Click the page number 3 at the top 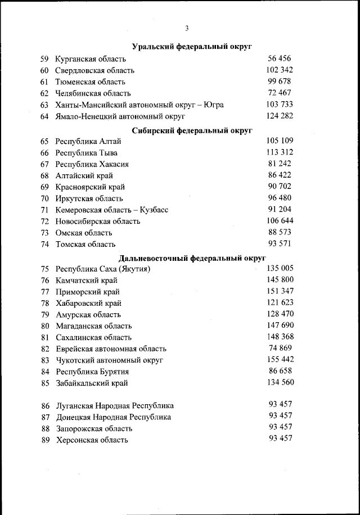coord(186,29)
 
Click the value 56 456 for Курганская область coord(280,58)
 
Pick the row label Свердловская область coord(94,71)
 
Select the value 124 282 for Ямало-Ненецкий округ coord(280,116)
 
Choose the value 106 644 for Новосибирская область coord(280,220)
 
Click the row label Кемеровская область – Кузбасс coord(112,210)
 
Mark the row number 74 coord(45,244)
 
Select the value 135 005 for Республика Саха coord(280,268)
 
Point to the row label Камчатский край coord(88,281)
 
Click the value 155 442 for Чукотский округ coord(280,359)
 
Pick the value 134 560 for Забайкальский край coord(280,383)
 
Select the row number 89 coord(46,440)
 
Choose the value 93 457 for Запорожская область coord(281,427)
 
